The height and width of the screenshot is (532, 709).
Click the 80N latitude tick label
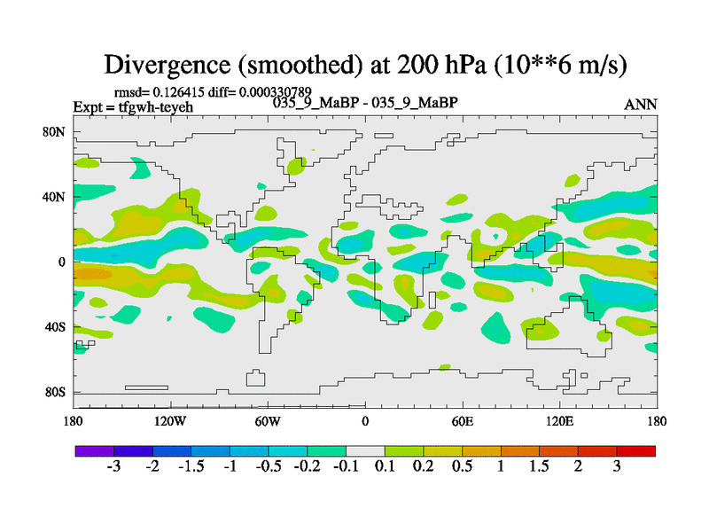pos(57,132)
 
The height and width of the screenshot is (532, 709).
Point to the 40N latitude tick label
pos(57,197)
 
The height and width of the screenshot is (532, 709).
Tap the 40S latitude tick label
pos(57,327)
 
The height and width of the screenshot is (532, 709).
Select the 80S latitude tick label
pos(57,392)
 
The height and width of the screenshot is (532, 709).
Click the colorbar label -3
pos(113,467)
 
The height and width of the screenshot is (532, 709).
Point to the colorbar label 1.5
pos(539,467)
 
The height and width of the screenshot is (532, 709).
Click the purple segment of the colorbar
pos(95,451)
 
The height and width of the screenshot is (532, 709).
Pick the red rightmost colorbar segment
pos(635,451)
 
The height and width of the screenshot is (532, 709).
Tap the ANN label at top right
pos(641,104)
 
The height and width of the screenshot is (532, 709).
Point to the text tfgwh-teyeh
pos(156,107)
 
